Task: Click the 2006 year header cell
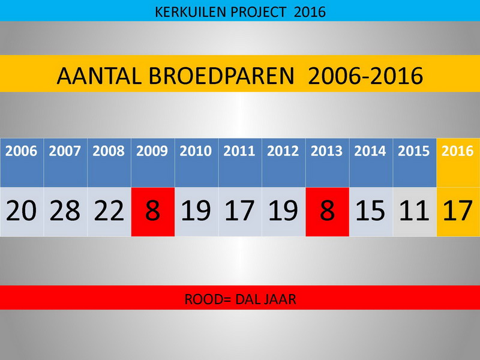pos(22,163)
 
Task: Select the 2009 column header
pos(153,163)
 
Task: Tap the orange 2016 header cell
pos(458,163)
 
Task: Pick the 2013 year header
pos(327,163)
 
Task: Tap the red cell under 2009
pos(153,212)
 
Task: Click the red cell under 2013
pos(327,212)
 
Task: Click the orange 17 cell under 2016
pos(458,212)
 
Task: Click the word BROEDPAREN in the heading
pos(221,76)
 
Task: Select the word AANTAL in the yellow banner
pos(99,76)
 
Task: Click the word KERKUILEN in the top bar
pos(190,12)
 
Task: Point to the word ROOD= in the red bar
pos(208,299)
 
